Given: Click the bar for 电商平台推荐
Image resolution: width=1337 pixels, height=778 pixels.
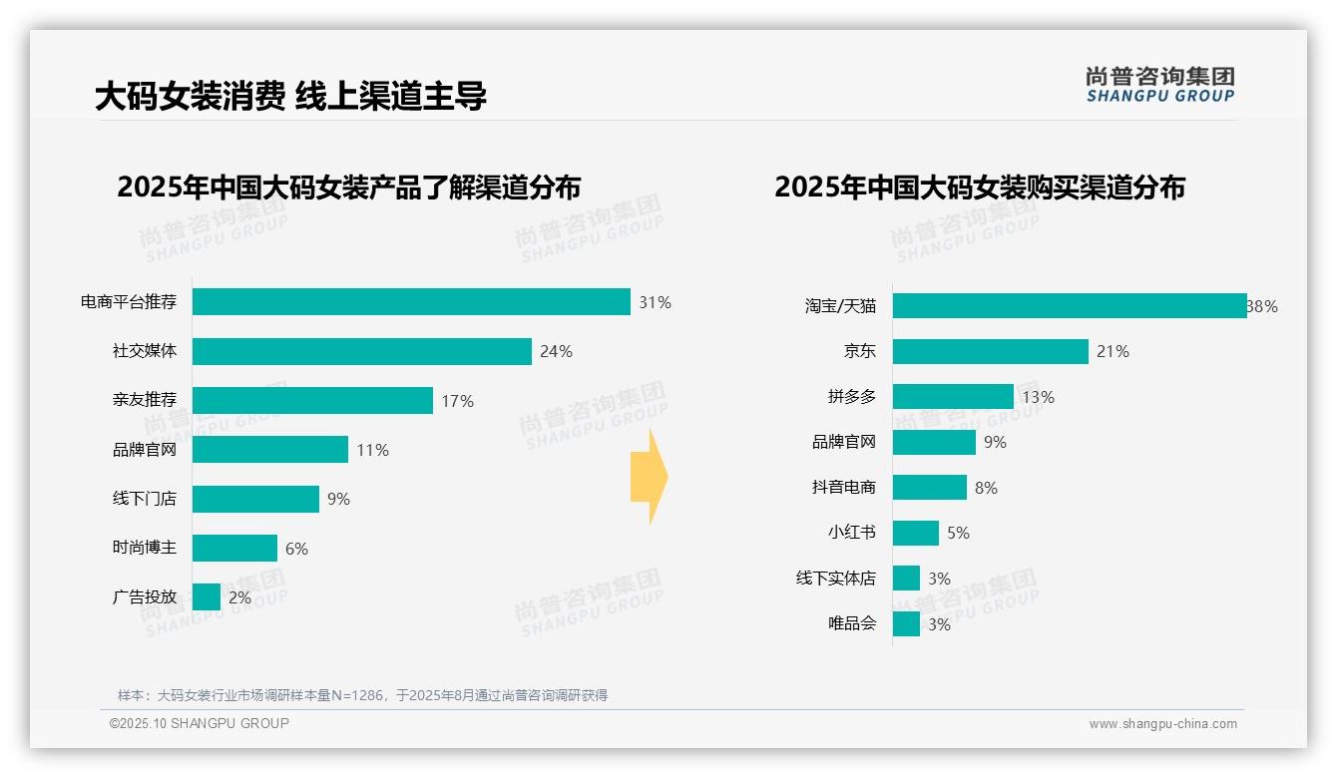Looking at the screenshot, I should point(411,302).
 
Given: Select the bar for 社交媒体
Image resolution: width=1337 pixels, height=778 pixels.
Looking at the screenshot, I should point(361,351).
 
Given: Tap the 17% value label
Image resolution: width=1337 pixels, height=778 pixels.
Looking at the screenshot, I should point(457,401).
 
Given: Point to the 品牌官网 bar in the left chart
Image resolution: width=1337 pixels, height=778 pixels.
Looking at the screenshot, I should point(269,450).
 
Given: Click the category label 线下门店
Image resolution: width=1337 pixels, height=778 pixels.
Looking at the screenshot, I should point(144,499).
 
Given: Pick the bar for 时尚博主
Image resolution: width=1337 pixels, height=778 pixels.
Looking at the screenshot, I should point(234,549).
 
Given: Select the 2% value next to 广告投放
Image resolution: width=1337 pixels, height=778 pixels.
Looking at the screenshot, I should point(239,597).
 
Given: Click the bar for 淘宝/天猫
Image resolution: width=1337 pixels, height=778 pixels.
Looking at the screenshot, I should point(1069,306).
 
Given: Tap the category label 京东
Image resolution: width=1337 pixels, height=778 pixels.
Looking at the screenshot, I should point(859,351).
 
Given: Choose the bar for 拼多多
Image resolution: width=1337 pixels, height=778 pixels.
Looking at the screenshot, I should point(953,397).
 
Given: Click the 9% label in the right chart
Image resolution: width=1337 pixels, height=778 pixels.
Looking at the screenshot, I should point(995,442).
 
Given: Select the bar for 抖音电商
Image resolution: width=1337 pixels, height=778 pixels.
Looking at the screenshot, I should point(930,488).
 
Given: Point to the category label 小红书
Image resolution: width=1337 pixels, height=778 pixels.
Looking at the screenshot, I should point(851,533).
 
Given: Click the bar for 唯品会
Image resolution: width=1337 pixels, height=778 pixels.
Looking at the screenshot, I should point(906,624).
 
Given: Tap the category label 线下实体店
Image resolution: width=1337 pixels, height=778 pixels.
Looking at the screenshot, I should point(835,579).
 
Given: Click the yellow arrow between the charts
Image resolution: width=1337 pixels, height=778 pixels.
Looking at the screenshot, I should point(649,478).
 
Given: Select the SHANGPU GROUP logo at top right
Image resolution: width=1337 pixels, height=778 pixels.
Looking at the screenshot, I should point(1159,85).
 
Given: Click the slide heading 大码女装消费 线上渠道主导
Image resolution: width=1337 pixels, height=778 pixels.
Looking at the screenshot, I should point(290,97).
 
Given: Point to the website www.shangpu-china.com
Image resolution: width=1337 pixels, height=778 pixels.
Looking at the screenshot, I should point(1162,724).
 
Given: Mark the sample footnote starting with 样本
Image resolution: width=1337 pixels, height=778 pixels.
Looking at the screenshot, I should point(362,695).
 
